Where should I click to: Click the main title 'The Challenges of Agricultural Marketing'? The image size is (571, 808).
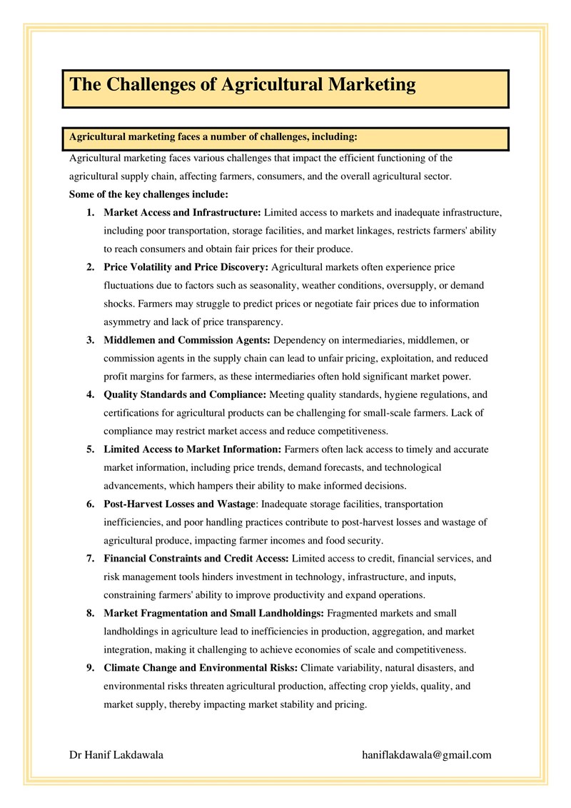(243, 85)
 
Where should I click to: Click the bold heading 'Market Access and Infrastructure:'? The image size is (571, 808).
(183, 212)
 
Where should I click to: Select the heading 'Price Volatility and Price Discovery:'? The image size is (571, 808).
(186, 267)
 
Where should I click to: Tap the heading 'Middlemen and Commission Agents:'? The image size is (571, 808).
(187, 340)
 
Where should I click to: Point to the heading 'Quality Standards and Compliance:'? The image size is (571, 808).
(185, 394)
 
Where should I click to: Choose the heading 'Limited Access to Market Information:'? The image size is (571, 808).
(193, 449)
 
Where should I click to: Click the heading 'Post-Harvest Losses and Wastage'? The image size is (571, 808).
(179, 504)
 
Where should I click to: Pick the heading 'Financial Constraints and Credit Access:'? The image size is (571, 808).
(196, 559)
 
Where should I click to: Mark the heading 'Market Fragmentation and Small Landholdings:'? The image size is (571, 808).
(213, 613)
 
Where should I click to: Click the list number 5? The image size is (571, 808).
(91, 449)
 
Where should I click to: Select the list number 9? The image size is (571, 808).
(91, 668)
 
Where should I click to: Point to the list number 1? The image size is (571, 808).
(91, 212)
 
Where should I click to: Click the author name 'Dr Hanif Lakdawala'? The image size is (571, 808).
(116, 754)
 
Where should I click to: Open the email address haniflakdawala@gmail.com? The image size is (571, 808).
(427, 754)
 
